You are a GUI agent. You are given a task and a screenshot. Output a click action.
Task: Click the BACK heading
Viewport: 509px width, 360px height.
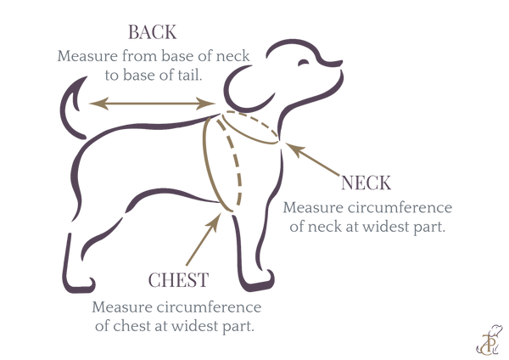pos(153,32)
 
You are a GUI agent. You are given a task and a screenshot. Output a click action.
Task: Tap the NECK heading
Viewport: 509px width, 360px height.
pos(366,183)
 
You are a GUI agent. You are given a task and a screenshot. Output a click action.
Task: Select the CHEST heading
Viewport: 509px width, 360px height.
pos(178,279)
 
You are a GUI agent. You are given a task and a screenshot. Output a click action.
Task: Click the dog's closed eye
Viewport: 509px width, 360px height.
pos(305,62)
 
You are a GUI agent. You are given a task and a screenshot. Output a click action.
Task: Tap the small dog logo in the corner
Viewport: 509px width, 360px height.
pos(489,340)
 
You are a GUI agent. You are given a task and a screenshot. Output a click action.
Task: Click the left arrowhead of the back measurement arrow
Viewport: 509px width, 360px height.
pos(98,104)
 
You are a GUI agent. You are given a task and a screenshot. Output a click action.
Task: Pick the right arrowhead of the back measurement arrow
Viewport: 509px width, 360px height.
pos(206,104)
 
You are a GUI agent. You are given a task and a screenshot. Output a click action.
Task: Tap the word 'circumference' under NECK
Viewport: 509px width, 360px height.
pos(400,208)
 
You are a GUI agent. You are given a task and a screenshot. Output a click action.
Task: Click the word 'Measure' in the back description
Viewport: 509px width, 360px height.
pos(87,56)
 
